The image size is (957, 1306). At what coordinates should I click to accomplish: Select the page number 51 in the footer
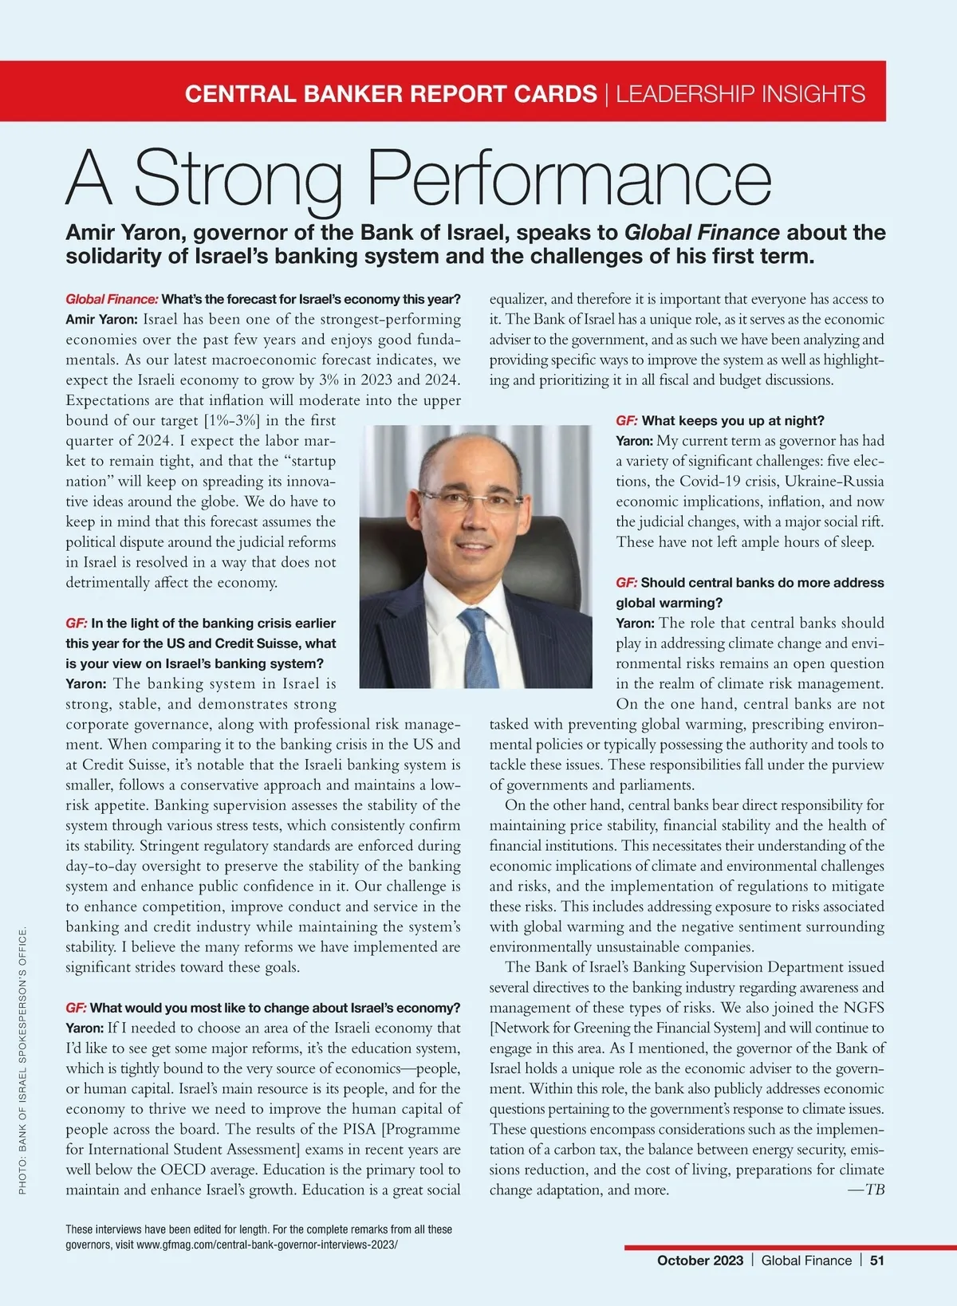pos(877,1261)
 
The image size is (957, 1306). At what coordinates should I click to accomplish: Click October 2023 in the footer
pos(700,1261)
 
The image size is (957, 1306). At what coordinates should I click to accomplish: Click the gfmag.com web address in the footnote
pos(266,1245)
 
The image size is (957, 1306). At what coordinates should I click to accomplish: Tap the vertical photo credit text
pos(23,1060)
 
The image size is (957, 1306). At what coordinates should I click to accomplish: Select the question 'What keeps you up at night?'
pos(733,421)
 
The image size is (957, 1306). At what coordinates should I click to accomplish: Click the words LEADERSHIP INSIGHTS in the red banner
pos(741,94)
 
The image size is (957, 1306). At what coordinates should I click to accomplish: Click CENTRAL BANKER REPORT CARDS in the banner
pos(391,94)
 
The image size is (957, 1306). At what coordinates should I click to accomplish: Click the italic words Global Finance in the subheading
pos(702,233)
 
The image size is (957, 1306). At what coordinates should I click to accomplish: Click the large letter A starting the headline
pos(89,179)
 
